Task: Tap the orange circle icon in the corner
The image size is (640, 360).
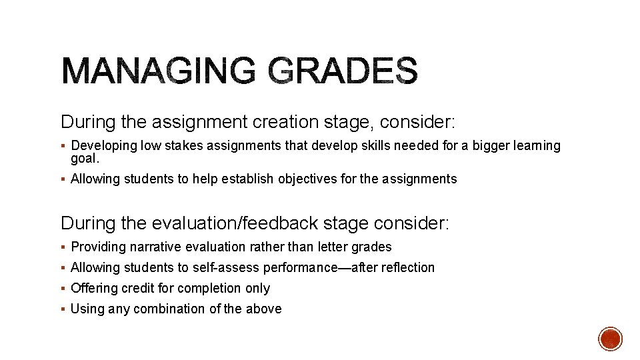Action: point(610,339)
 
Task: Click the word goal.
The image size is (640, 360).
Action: point(83,158)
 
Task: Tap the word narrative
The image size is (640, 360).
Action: point(159,247)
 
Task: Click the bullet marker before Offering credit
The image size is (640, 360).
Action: point(63,288)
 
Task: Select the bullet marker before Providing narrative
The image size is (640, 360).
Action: point(63,247)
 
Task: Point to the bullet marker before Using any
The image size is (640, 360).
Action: point(63,309)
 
